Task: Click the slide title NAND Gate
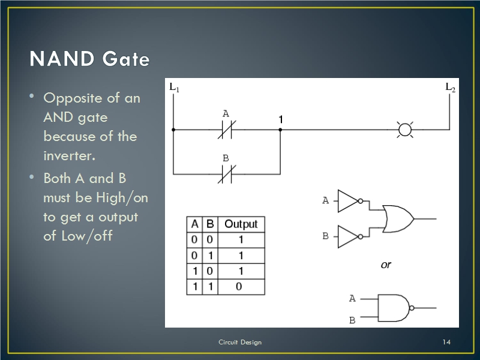89,59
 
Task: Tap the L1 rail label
175,88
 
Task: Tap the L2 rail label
450,88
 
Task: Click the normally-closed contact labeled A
226,129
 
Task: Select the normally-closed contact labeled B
226,174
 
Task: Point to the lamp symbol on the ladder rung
405,129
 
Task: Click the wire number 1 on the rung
280,120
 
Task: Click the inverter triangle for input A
349,201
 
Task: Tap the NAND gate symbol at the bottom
394,308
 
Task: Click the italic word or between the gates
386,265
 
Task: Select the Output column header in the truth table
241,224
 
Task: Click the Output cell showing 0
239,287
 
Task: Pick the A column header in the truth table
194,224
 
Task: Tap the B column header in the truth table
210,224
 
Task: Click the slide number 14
446,342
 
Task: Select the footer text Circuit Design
239,342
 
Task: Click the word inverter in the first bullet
69,156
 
